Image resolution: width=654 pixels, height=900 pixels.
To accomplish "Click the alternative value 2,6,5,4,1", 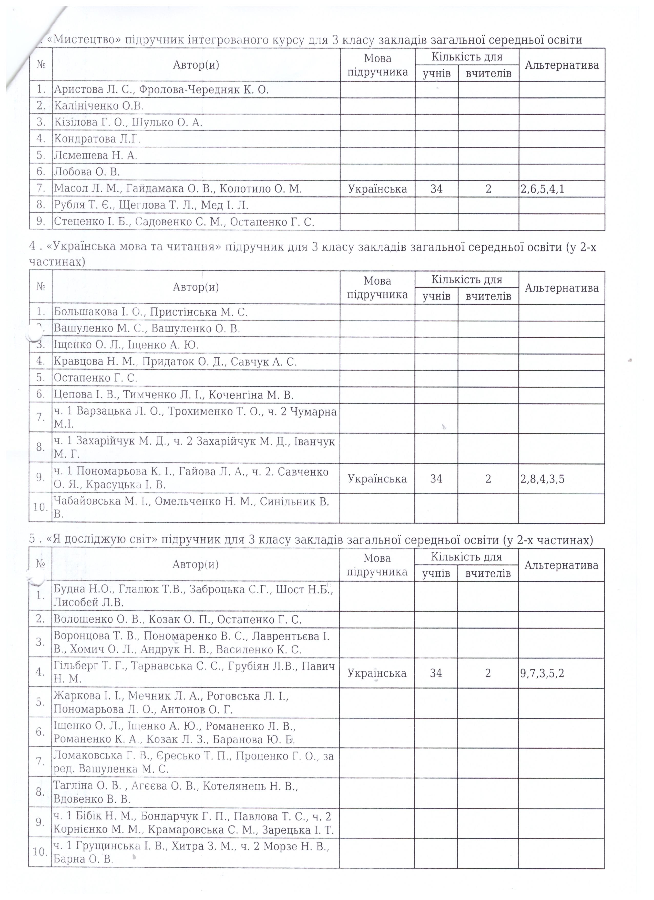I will tap(542, 189).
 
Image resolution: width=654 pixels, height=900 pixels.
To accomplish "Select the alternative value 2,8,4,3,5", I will tap(542, 479).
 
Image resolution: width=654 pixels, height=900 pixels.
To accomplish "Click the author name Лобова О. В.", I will tap(87, 172).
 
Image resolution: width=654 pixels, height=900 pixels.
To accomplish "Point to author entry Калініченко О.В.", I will tap(98, 106).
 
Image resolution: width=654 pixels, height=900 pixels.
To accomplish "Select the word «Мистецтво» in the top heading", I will tap(84, 40).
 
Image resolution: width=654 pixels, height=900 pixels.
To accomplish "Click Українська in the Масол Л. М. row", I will tap(377, 189).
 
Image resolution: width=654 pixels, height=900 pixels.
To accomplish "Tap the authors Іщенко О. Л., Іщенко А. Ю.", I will tap(126, 345).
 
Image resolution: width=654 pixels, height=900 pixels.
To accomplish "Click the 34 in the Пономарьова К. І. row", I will tap(436, 479).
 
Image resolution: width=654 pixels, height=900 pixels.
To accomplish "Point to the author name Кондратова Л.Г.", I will tap(97, 139).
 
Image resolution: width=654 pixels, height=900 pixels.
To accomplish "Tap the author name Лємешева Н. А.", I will tap(95, 156).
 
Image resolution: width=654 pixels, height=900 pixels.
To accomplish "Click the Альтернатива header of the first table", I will tap(561, 65).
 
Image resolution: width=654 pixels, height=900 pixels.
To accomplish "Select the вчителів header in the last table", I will tap(488, 573).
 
